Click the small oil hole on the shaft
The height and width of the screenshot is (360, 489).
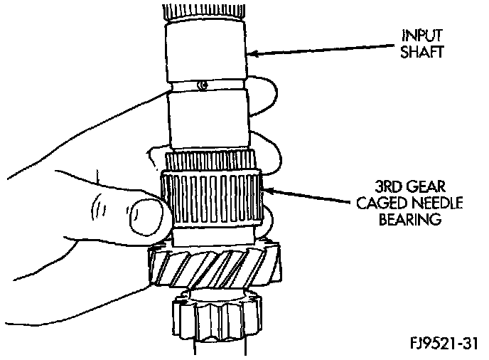click(203, 86)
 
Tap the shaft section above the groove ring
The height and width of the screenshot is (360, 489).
click(206, 50)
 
